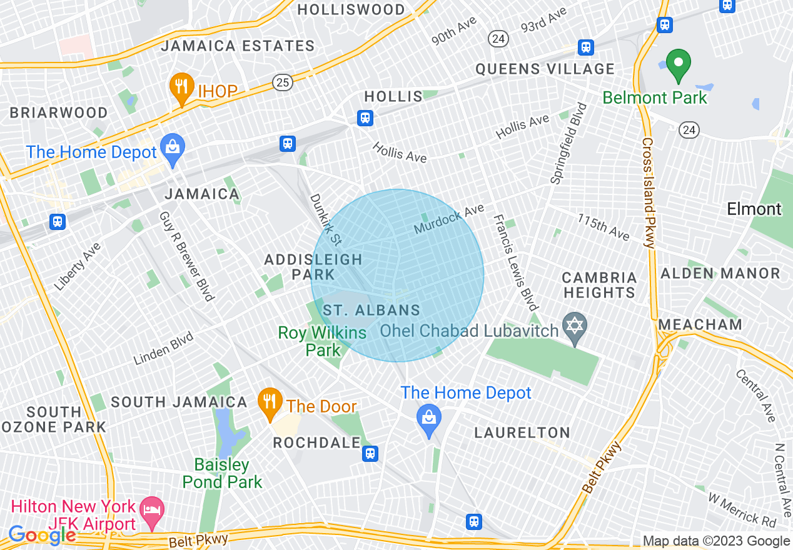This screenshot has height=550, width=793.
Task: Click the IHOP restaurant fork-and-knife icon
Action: point(181,89)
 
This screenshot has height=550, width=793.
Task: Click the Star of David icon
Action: point(574,327)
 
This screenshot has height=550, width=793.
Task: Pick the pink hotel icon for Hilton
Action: point(151,507)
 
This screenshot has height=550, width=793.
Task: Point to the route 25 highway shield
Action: point(282,81)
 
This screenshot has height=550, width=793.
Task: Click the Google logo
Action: point(41,535)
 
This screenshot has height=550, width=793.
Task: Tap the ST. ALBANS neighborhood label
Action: point(371,310)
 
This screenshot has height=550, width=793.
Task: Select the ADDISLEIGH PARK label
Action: point(313,266)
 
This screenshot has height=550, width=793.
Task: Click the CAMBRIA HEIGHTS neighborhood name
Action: point(599,285)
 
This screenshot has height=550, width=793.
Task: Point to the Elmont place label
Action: point(754,209)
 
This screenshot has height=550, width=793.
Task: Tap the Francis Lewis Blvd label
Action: point(515,262)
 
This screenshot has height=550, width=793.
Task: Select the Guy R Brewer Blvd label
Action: point(186,255)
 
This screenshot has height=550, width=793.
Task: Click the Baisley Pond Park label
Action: point(222,473)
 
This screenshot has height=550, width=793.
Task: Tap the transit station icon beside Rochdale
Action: point(370,453)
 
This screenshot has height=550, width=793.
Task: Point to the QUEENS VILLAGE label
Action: point(545,69)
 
